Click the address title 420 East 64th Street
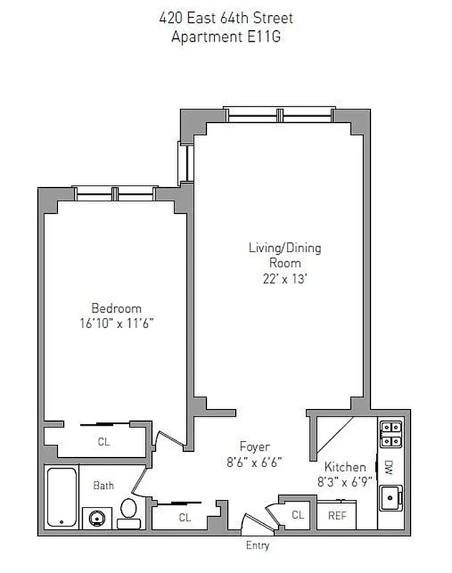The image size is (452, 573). pyautogui.click(x=226, y=19)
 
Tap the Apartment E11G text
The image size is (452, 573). pyautogui.click(x=226, y=37)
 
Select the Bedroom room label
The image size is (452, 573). pyautogui.click(x=116, y=308)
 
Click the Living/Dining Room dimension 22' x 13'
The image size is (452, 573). pyautogui.click(x=284, y=279)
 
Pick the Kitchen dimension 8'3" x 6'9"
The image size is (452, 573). pyautogui.click(x=345, y=481)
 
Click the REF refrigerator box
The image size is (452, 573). pyautogui.click(x=337, y=515)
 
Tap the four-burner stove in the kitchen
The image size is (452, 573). pyautogui.click(x=390, y=434)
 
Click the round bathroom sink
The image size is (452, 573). pyautogui.click(x=96, y=517)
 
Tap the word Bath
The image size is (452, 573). pyautogui.click(x=104, y=486)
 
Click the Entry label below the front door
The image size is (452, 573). pyautogui.click(x=258, y=546)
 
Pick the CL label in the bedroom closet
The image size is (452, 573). pyautogui.click(x=104, y=442)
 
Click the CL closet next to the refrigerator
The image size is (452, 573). pyautogui.click(x=297, y=514)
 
